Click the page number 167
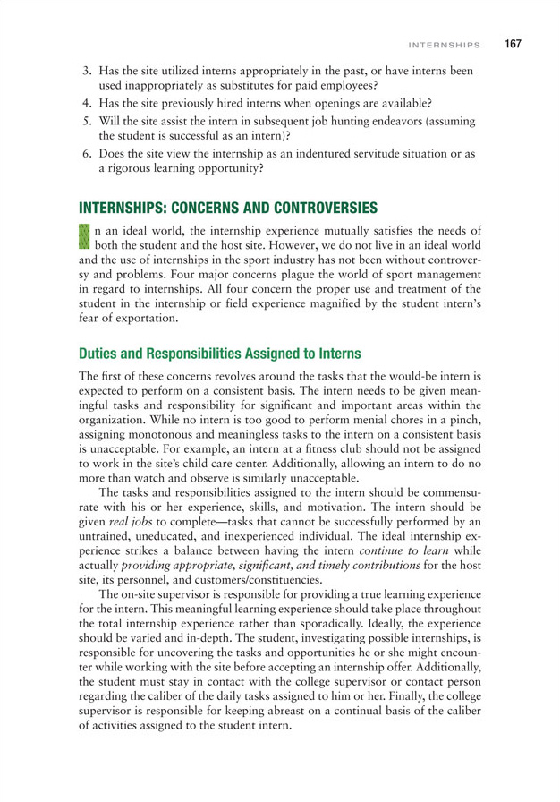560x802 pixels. click(x=512, y=43)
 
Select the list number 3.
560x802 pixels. click(x=88, y=72)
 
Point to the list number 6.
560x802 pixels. click(x=88, y=153)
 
